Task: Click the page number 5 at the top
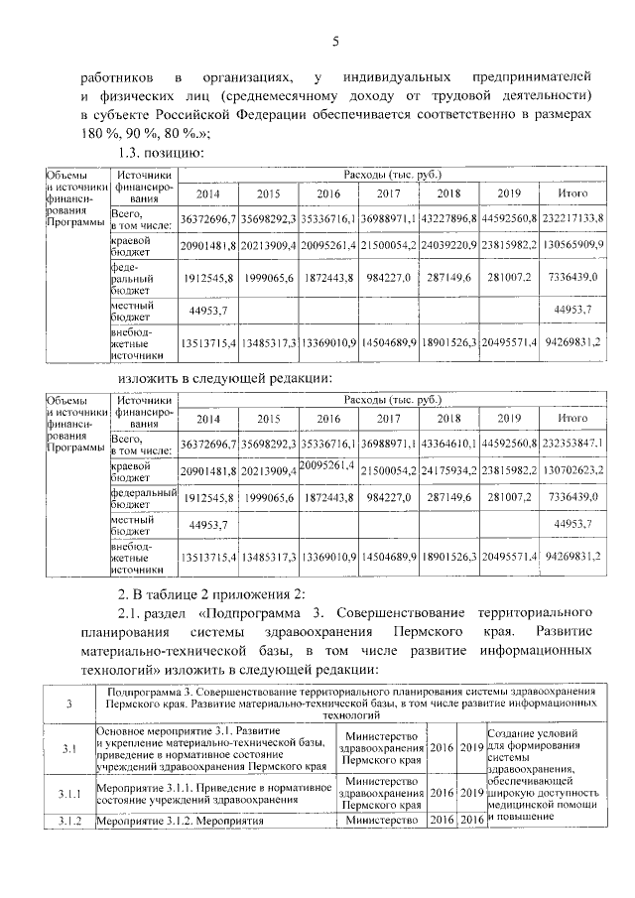tap(335, 41)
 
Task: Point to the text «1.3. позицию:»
tap(162, 154)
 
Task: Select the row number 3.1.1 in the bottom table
tap(68, 795)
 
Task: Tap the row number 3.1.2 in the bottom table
tap(68, 821)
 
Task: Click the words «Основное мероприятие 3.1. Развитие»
tap(182, 731)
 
